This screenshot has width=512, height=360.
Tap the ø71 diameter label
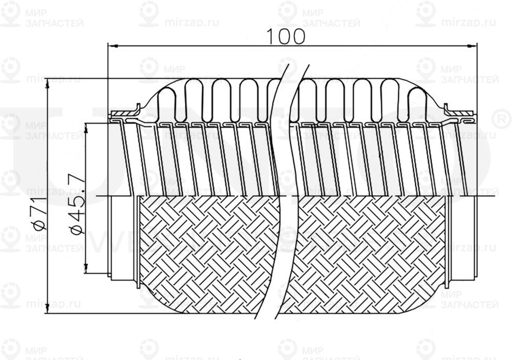click(37, 215)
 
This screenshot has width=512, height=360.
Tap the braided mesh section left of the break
click(205, 251)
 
